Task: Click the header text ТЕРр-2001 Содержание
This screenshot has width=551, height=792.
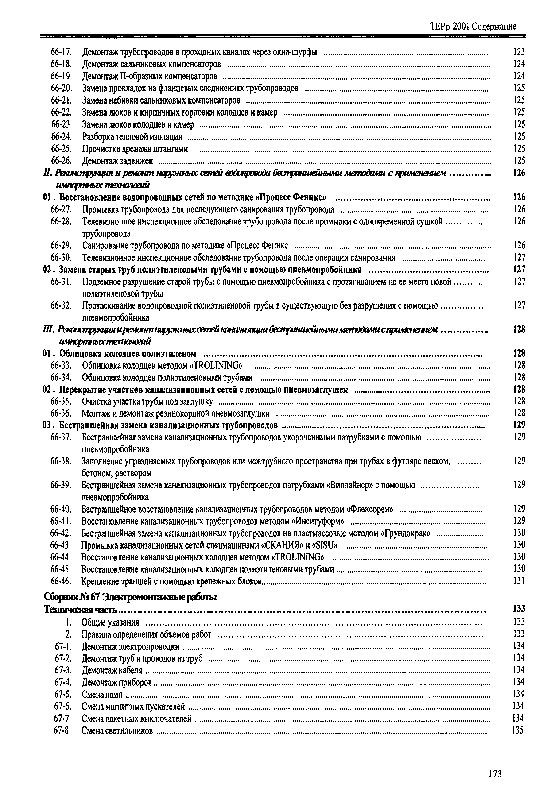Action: coord(473,27)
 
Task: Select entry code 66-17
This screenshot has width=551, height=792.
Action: coord(61,52)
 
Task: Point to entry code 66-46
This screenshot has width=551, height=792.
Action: coord(61,581)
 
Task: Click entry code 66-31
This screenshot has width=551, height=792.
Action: coord(61,282)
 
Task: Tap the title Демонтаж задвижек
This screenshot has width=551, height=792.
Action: coord(117,161)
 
